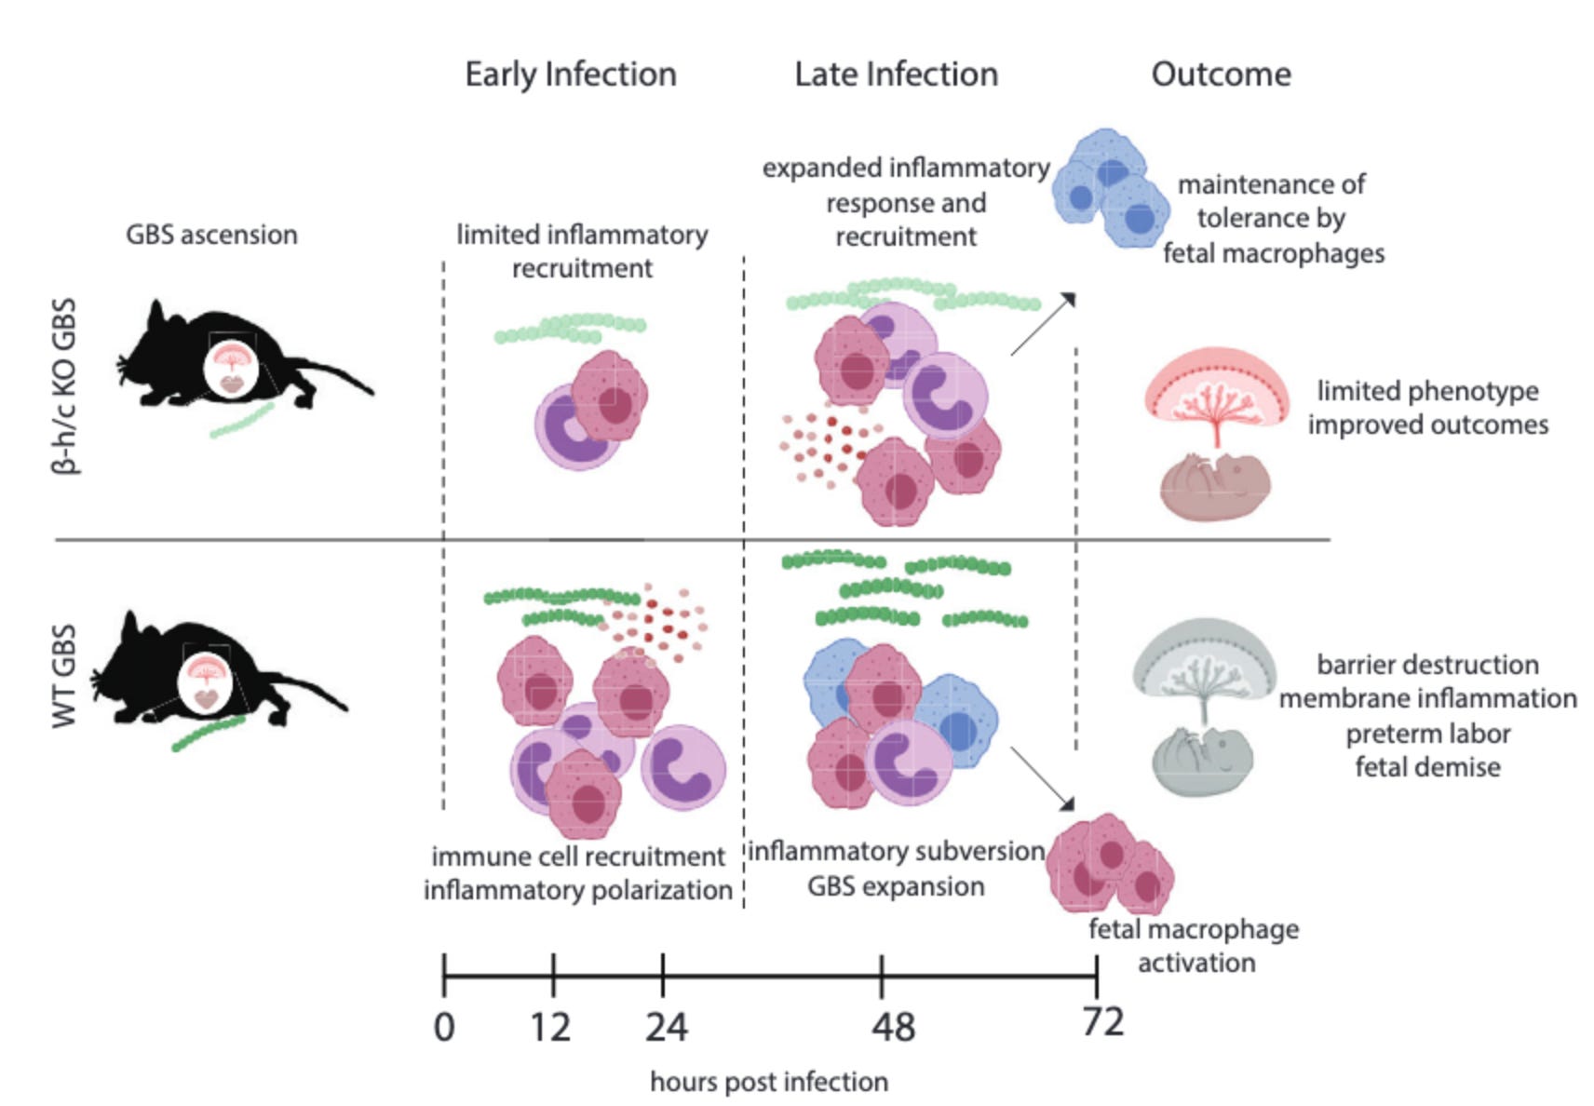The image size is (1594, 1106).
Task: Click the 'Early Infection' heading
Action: point(571,74)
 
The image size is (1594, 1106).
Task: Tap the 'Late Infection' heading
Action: point(896,74)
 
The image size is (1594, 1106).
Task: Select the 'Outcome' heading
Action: point(1221,74)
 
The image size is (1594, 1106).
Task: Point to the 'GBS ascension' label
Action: point(211,235)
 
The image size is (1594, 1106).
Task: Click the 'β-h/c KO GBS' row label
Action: point(64,386)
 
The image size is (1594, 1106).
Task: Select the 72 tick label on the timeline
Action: point(1102,1022)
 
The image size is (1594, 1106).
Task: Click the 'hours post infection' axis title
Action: point(769,1082)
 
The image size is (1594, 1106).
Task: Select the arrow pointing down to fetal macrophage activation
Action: point(1043,778)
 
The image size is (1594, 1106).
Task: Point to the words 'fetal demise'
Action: point(1427,767)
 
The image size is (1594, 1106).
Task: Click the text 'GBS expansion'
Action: point(896,886)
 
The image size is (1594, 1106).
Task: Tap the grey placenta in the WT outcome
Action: point(1204,661)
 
